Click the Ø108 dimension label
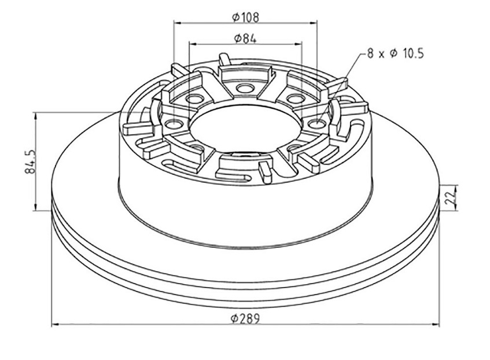(x=246, y=17)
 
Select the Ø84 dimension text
(x=245, y=38)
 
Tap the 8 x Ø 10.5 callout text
(x=395, y=53)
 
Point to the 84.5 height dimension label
(x=30, y=161)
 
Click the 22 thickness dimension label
(x=451, y=198)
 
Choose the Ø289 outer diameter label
(x=245, y=319)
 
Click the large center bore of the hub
(x=246, y=126)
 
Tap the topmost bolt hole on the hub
(x=245, y=88)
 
